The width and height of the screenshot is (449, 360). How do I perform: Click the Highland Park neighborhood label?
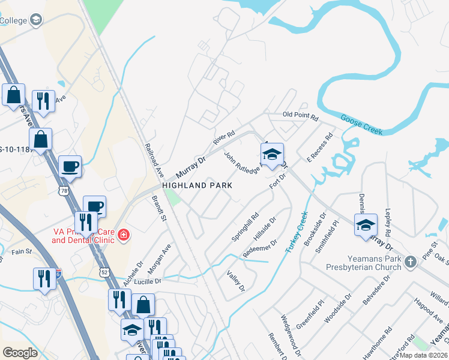(x=197, y=186)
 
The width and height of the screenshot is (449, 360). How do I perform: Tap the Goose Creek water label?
(x=361, y=124)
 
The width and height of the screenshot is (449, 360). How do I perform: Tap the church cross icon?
(x=410, y=262)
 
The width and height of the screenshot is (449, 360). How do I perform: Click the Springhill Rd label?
(x=245, y=227)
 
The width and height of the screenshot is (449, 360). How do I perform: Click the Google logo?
(x=20, y=353)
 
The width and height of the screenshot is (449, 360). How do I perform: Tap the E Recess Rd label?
(x=319, y=148)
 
